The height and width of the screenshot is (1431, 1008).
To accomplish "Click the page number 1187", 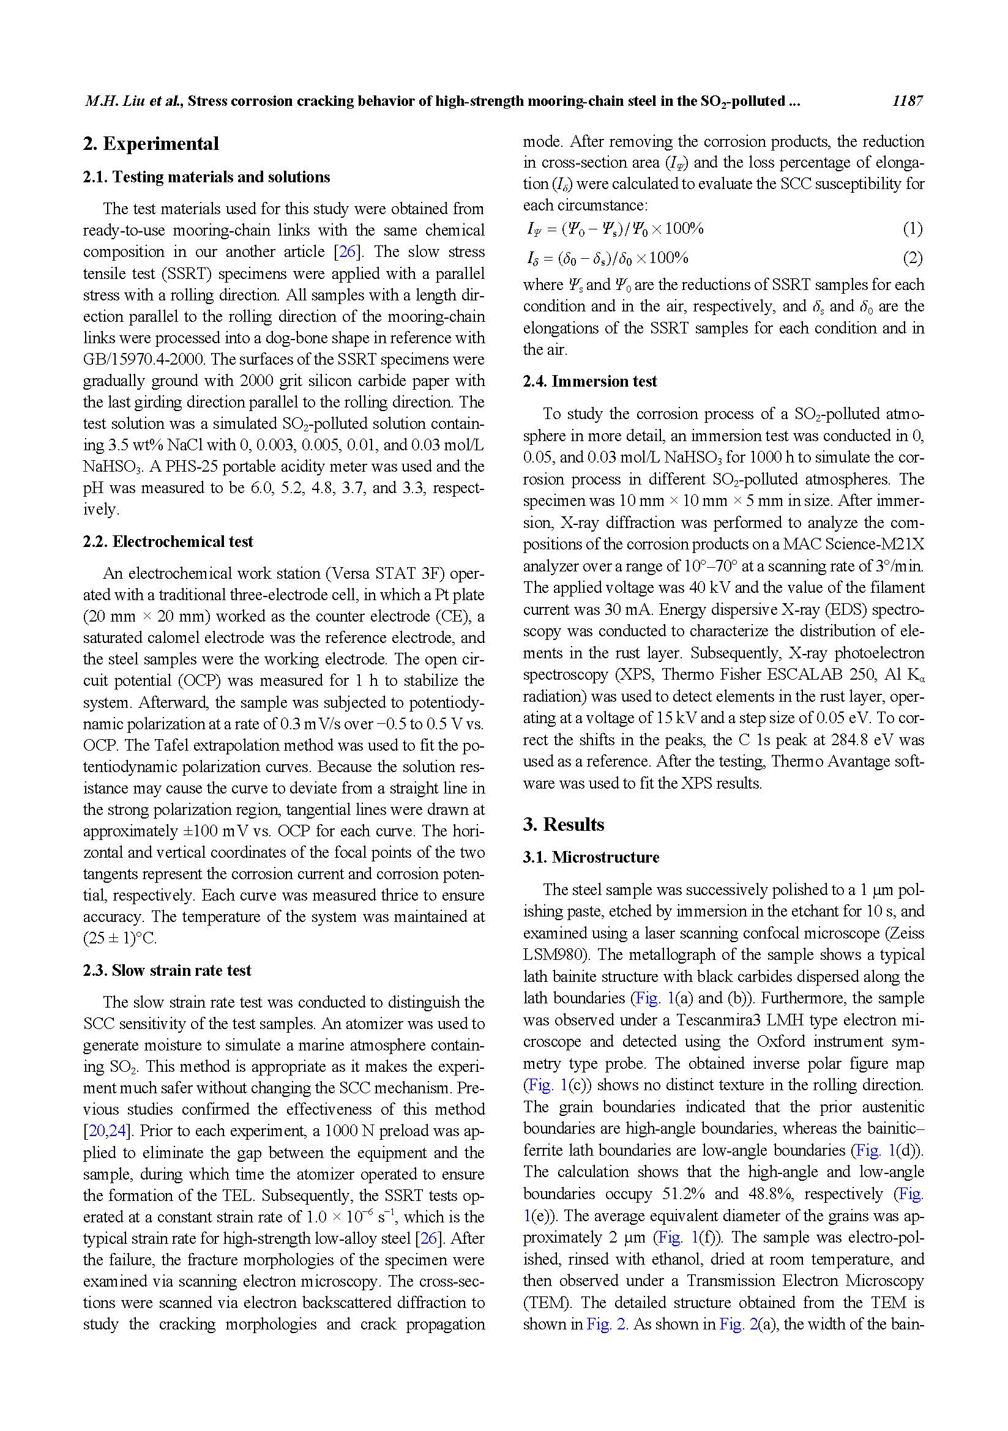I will [906, 101].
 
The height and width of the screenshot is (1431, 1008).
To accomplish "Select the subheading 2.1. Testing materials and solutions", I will [206, 177].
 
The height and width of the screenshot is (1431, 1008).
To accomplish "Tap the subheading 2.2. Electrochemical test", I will [168, 541].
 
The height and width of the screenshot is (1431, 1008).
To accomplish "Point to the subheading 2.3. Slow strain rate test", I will [167, 970].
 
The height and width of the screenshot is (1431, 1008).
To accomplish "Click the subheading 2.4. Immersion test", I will [590, 381].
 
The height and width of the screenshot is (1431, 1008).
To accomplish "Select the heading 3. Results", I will [564, 824].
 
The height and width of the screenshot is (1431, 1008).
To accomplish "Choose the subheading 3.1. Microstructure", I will [591, 857].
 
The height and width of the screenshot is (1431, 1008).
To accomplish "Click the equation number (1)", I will [913, 229].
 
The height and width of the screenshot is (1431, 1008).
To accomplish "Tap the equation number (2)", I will [913, 258].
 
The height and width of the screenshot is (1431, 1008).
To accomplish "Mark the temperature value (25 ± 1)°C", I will [120, 938].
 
